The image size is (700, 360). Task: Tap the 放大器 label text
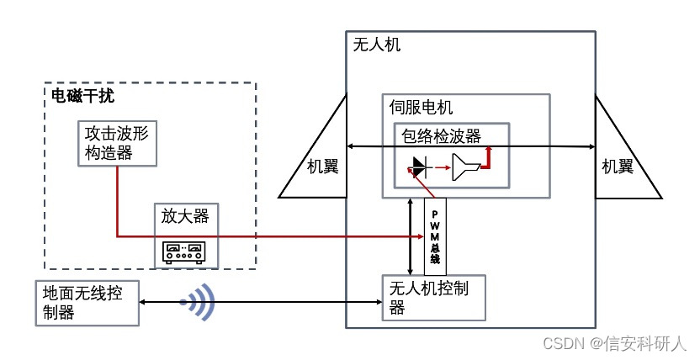[184, 216]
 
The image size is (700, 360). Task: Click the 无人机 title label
[377, 45]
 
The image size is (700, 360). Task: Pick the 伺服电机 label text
[421, 107]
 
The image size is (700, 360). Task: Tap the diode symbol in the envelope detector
[418, 168]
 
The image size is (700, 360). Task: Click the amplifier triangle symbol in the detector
[465, 168]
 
